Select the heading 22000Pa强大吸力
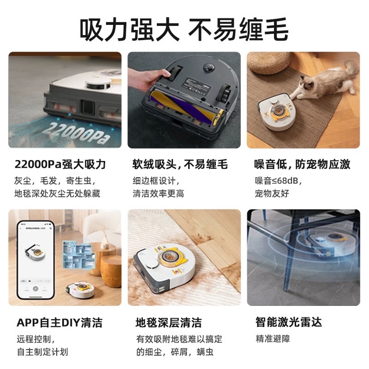click(60, 164)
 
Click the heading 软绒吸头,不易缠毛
click(180, 164)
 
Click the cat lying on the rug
click(323, 85)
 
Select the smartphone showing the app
click(36, 261)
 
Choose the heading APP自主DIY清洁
click(60, 322)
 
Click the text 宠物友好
click(272, 193)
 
